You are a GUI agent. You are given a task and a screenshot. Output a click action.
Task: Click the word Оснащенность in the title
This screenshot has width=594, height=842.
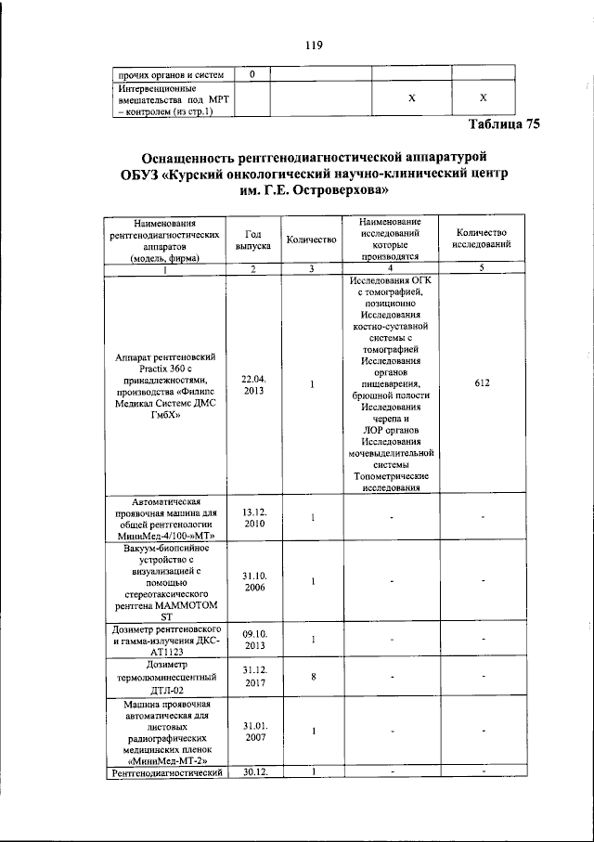pyautogui.click(x=191, y=155)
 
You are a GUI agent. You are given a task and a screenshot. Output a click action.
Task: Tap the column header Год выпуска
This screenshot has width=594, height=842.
pyautogui.click(x=253, y=240)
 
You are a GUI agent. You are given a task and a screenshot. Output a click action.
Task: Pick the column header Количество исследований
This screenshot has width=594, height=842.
pyautogui.click(x=480, y=240)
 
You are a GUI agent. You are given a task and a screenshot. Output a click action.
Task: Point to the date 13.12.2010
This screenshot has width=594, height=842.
pyautogui.click(x=253, y=517)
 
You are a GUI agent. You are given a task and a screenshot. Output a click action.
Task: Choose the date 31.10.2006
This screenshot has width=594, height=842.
pyautogui.click(x=253, y=581)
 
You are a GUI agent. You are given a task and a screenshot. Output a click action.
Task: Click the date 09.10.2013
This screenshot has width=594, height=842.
pyautogui.click(x=253, y=640)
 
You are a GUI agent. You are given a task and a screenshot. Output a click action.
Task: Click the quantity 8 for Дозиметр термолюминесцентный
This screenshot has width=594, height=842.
pyautogui.click(x=314, y=677)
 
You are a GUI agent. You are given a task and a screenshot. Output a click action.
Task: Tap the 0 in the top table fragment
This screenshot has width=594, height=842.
pyautogui.click(x=253, y=73)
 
